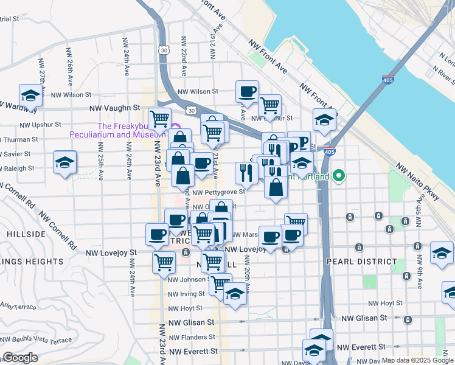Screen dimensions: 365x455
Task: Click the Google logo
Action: point(20,358)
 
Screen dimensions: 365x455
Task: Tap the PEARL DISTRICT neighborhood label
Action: point(361,262)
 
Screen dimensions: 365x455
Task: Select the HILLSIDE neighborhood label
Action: point(26,234)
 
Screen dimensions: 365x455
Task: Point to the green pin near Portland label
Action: point(339,176)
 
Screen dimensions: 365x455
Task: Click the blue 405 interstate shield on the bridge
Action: point(387,79)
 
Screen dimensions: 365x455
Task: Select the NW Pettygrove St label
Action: point(220,192)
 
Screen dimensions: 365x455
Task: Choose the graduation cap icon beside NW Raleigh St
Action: point(64,162)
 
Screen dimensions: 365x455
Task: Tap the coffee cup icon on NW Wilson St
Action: point(247,92)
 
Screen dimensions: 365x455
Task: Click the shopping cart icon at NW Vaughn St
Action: point(159,117)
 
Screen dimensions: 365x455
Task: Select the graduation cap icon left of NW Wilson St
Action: point(30,96)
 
